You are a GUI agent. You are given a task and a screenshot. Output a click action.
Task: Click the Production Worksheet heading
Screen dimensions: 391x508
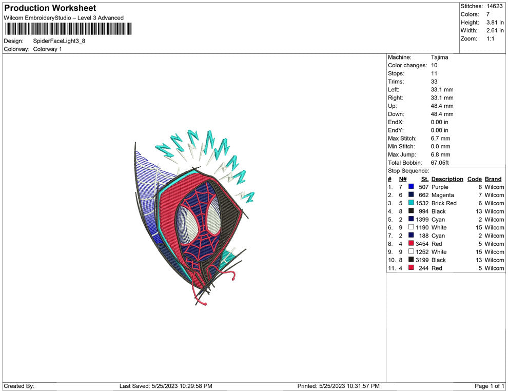click(50, 8)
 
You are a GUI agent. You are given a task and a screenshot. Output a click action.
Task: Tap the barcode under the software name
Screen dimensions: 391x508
click(68, 28)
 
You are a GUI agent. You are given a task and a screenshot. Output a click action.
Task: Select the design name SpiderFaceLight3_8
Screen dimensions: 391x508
click(59, 41)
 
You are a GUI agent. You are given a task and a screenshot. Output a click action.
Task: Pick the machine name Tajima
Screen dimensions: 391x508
click(439, 57)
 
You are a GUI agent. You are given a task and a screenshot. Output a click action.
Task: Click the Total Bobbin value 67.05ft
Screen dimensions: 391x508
click(440, 163)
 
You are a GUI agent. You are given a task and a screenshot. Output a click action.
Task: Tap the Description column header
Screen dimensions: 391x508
click(447, 179)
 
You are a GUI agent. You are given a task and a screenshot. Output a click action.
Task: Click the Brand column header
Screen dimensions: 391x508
click(493, 179)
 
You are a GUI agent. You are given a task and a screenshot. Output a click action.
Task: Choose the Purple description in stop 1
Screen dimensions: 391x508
click(440, 187)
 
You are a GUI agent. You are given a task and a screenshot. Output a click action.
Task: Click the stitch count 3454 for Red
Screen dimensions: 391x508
click(422, 244)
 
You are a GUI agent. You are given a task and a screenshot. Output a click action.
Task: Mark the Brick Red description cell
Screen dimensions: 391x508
click(444, 203)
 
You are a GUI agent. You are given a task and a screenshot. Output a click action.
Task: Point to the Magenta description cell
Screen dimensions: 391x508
click(442, 195)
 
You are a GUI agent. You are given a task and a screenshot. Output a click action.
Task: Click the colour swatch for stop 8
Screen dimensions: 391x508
click(411, 244)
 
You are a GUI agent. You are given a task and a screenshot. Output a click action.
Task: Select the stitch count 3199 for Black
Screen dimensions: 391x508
click(422, 260)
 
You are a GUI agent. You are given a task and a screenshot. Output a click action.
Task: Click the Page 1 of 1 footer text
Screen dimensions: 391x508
click(490, 386)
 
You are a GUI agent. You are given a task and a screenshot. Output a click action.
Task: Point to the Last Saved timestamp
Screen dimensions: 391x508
click(166, 386)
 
